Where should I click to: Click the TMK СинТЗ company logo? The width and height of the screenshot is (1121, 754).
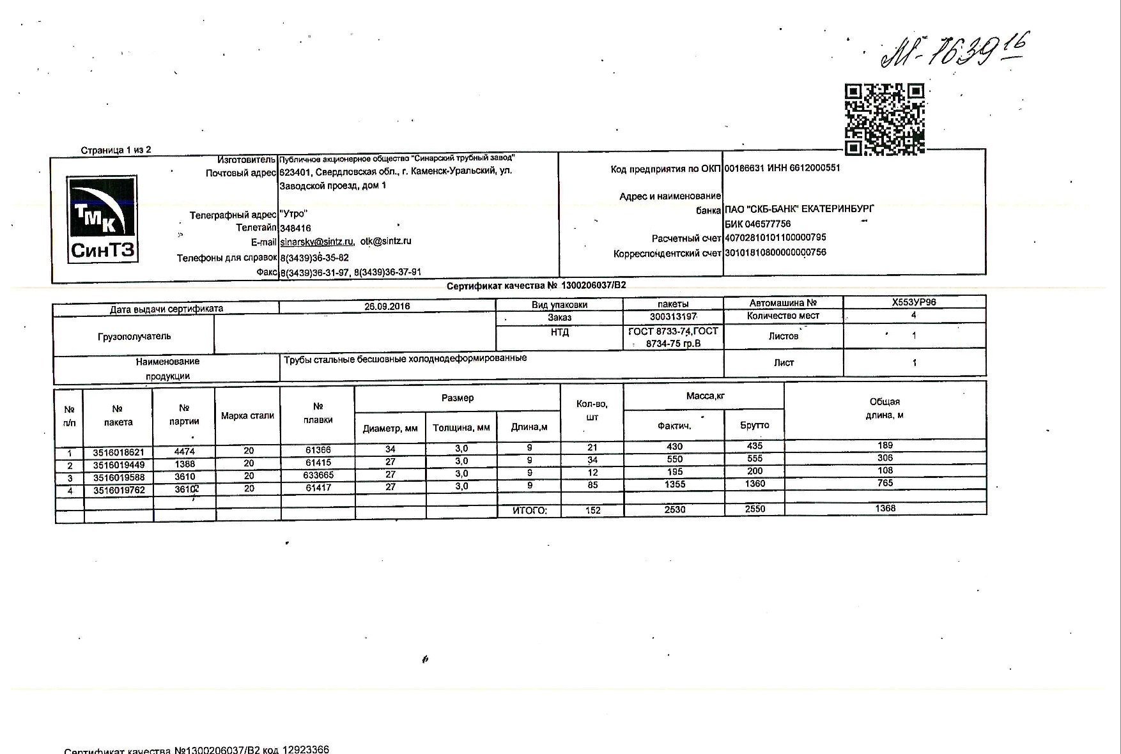click(102, 219)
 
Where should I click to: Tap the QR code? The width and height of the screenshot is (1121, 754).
click(885, 119)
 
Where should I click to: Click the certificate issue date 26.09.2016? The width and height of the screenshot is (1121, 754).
click(387, 306)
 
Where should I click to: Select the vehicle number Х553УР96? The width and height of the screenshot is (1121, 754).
click(914, 302)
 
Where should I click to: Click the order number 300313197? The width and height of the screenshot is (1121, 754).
click(673, 317)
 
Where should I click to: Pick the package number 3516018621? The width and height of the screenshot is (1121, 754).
click(118, 452)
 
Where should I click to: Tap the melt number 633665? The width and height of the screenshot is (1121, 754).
click(318, 475)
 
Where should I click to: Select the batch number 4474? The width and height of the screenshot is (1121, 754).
click(184, 451)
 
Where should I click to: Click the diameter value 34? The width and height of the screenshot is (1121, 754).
click(390, 449)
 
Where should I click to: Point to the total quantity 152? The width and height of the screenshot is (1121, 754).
click(592, 510)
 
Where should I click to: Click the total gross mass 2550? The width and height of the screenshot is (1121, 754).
click(755, 509)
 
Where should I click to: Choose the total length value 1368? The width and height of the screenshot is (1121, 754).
click(885, 509)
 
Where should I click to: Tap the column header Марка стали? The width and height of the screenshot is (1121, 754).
click(247, 416)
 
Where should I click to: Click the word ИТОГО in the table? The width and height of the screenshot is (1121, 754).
click(530, 511)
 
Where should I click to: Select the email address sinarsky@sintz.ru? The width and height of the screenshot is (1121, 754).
click(316, 242)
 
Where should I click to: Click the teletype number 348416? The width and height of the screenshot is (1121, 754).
click(295, 228)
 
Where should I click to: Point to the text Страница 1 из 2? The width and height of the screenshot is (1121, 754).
click(116, 150)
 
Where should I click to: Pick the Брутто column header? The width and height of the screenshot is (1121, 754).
click(754, 425)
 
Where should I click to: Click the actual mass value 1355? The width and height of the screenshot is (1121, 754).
click(674, 484)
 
